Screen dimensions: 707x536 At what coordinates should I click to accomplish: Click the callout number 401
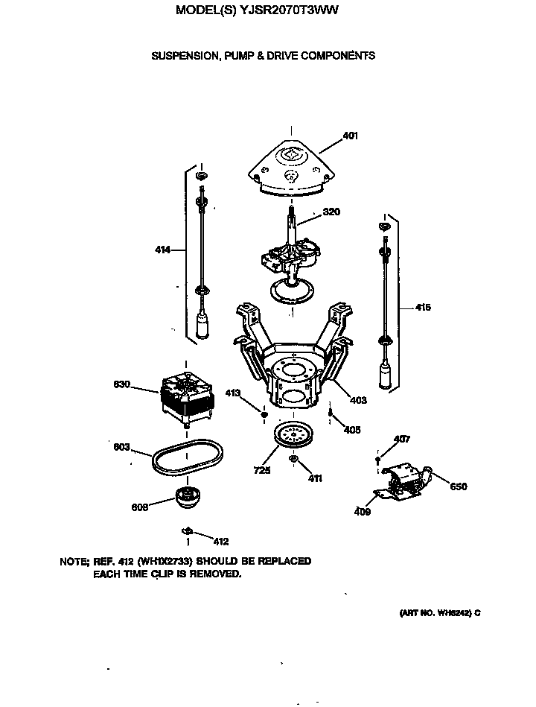pyautogui.click(x=351, y=136)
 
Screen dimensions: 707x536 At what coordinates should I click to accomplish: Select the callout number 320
pyautogui.click(x=331, y=212)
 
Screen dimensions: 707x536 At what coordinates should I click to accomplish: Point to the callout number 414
pyautogui.click(x=163, y=250)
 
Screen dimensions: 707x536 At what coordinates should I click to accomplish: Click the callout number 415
pyautogui.click(x=422, y=307)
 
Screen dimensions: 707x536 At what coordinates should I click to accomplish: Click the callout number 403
pyautogui.click(x=358, y=401)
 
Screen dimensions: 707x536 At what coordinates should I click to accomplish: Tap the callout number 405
pyautogui.click(x=352, y=429)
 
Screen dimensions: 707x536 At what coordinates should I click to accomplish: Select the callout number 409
pyautogui.click(x=363, y=512)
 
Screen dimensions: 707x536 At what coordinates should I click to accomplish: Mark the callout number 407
pyautogui.click(x=401, y=440)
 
